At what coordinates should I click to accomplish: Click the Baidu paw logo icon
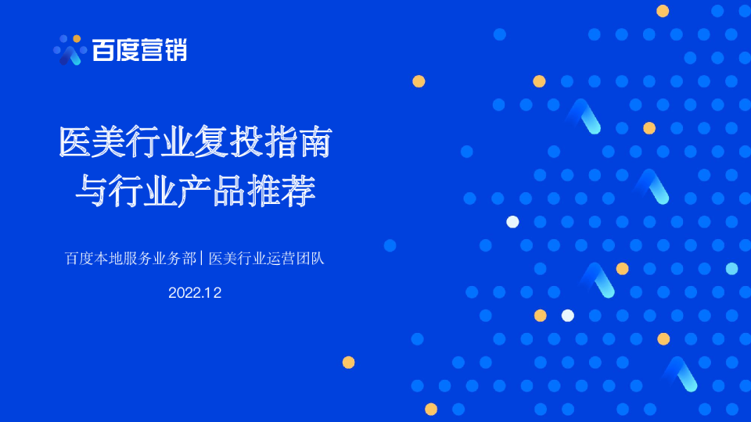(69, 50)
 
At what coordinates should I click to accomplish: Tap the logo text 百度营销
(139, 51)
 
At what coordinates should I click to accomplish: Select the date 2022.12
(195, 293)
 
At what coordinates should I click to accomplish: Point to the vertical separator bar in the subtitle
(202, 259)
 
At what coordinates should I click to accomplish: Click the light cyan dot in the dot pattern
(731, 269)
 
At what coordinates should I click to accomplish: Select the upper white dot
(512, 222)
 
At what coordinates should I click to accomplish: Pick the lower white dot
(568, 316)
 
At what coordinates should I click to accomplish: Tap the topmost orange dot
(663, 11)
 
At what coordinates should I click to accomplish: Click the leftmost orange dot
(349, 363)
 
